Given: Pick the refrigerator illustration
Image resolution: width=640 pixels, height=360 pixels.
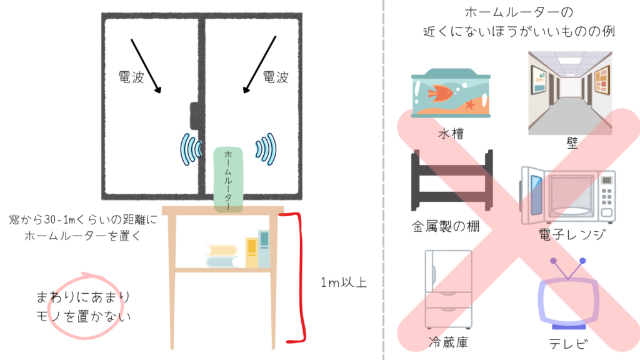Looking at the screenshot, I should point(449,289).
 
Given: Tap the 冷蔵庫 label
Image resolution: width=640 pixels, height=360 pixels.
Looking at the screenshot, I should point(447,342).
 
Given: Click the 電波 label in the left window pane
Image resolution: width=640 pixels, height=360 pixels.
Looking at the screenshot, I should point(131,77).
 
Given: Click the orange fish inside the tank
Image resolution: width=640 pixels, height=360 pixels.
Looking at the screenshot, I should point(441,94).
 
